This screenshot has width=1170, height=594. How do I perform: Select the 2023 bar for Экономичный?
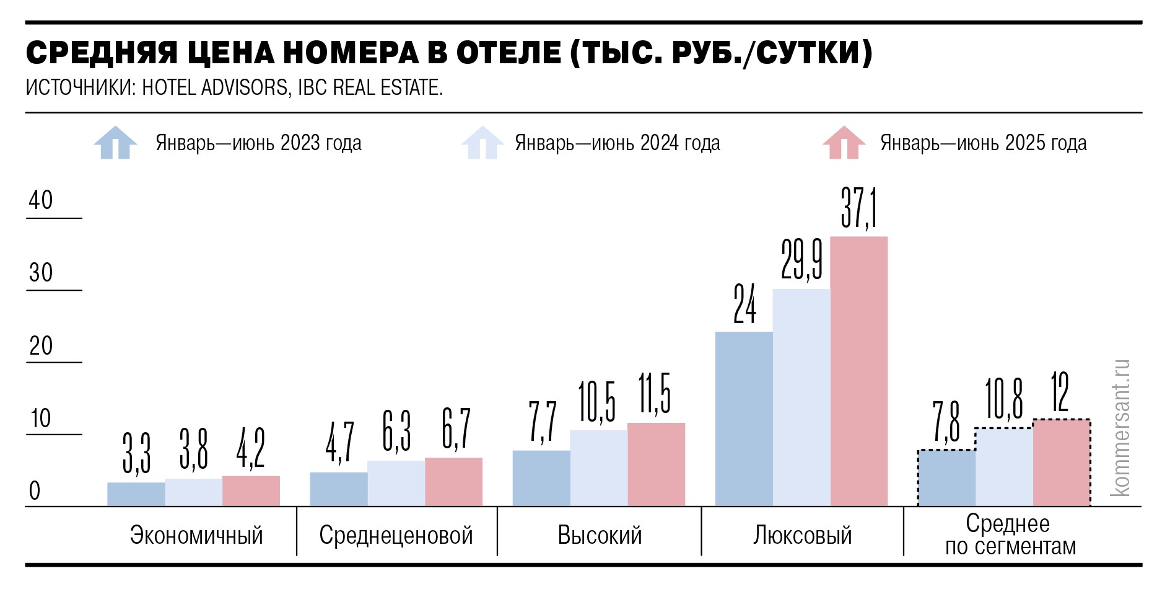[136, 494]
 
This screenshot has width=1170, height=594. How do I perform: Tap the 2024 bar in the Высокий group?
[598, 468]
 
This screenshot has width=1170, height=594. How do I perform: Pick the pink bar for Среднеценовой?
[453, 482]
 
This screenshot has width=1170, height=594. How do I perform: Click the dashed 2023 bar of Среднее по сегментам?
[946, 478]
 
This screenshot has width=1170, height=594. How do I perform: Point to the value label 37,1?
[858, 208]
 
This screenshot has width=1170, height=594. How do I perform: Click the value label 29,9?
[801, 260]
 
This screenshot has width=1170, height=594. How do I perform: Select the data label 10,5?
[597, 402]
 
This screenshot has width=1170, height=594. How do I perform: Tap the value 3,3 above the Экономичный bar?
[136, 453]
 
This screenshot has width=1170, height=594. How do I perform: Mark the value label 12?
[1060, 393]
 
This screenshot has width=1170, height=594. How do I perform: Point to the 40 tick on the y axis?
[41, 200]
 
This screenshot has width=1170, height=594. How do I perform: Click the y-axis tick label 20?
[41, 345]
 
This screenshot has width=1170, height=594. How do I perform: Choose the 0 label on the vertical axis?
[35, 490]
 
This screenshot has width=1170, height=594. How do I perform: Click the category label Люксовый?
[802, 535]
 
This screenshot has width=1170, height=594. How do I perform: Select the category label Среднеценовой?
[396, 535]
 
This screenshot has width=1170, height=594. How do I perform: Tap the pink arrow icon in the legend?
[844, 143]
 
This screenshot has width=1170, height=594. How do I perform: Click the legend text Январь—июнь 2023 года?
[258, 143]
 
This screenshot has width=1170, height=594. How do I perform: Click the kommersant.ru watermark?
[1120, 428]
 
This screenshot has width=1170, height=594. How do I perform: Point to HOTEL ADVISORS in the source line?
[215, 87]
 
